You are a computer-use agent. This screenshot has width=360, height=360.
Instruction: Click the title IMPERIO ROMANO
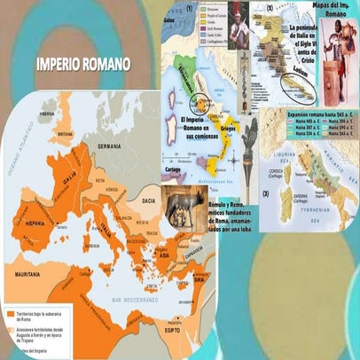pos(83,65)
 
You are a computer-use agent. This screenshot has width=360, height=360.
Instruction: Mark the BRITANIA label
pos(63,134)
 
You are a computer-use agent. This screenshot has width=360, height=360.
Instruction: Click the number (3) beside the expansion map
pos(264,193)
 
